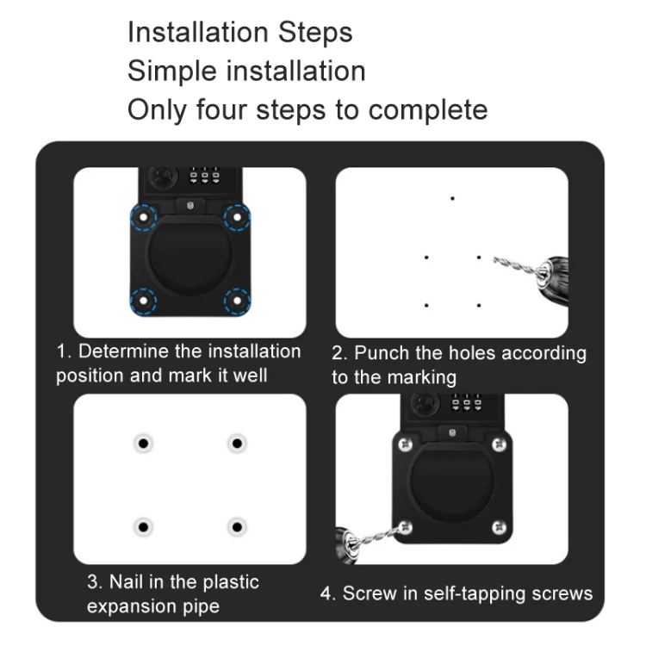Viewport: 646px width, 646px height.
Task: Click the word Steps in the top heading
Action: point(315,33)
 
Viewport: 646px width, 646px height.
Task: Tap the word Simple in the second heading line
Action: point(172,71)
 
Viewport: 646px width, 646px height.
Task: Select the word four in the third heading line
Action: point(221,109)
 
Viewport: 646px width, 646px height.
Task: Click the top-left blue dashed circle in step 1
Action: point(143,217)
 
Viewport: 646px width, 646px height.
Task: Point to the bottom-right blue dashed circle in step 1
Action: point(238,301)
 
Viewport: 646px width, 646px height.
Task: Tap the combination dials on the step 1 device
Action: point(204,175)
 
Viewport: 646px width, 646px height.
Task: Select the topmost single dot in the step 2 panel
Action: point(452,199)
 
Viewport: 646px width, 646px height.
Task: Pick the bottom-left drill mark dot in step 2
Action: point(426,305)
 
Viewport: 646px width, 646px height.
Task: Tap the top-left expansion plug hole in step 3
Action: point(143,444)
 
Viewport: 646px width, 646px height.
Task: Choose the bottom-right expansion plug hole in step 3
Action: point(238,527)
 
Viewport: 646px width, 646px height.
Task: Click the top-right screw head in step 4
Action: point(500,444)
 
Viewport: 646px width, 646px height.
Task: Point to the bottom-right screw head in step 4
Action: point(500,527)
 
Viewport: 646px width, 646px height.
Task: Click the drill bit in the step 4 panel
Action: point(376,537)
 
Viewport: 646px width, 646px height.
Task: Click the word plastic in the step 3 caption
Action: point(231,582)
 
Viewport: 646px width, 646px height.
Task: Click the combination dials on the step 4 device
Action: point(467,401)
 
